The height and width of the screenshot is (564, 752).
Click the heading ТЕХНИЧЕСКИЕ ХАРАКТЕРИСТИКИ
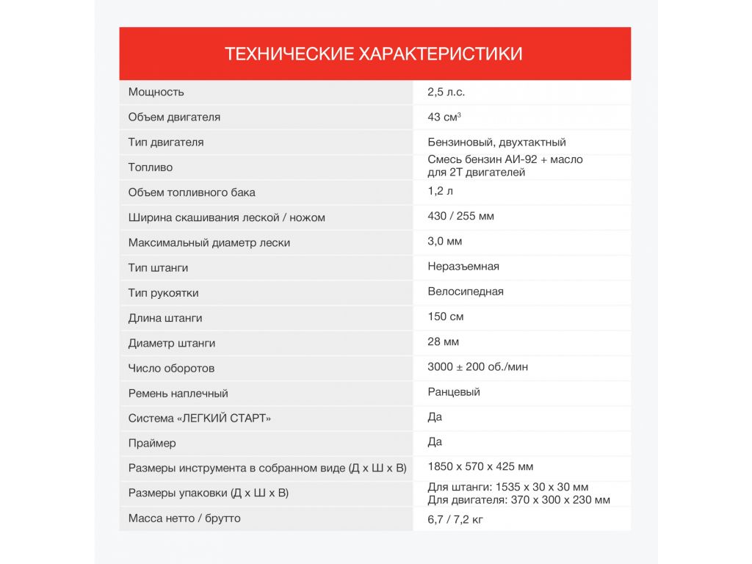tap(374, 54)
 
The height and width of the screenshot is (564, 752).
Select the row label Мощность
tap(156, 92)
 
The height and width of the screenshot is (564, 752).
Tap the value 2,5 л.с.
tap(446, 92)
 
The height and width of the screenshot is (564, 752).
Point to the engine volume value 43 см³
tap(444, 117)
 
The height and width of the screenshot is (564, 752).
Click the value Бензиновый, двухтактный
tap(496, 142)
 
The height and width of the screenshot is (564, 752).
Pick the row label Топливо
tap(151, 167)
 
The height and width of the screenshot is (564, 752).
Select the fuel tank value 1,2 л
tap(440, 191)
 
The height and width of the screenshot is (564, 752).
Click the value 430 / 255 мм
tap(461, 216)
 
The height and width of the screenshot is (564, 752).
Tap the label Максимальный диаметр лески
tap(209, 242)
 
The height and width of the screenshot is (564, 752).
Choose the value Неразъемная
tap(463, 266)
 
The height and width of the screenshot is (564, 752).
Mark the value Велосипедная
tap(466, 291)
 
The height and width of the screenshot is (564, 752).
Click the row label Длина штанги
tap(165, 318)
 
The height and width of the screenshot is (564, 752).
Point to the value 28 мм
tap(444, 341)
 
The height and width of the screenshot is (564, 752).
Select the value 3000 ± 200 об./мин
tap(477, 366)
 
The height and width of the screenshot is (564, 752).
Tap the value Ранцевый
tap(454, 391)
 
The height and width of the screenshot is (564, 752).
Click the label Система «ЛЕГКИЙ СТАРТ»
tap(200, 418)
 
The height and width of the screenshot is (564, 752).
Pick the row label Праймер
tap(152, 443)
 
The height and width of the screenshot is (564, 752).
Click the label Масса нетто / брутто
tap(184, 518)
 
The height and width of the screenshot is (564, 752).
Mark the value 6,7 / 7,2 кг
tap(455, 519)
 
